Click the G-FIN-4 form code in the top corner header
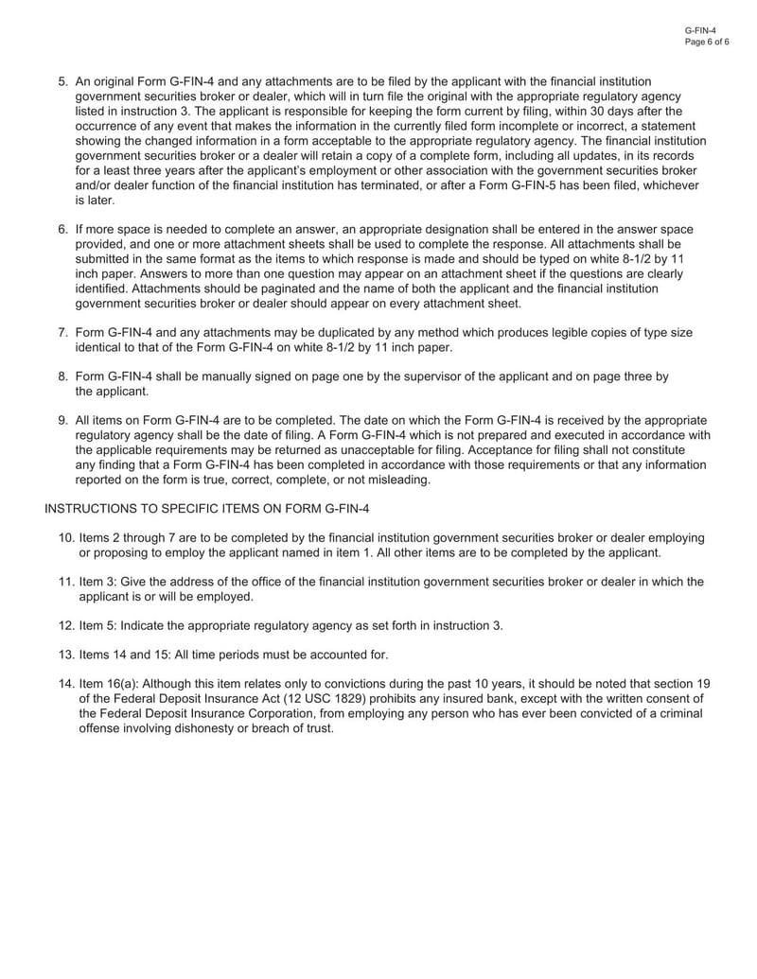click(701, 31)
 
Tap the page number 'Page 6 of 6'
click(706, 43)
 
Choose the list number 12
click(66, 625)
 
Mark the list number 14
click(66, 684)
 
